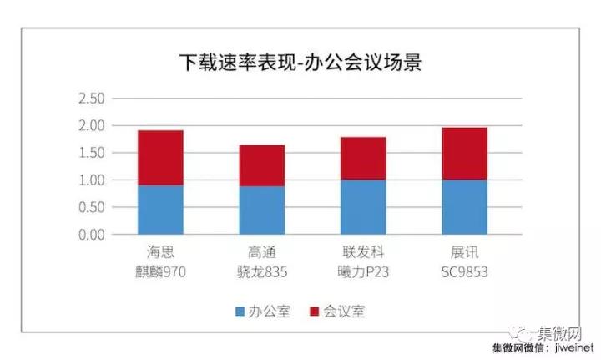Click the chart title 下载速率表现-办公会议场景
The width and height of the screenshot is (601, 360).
point(300,63)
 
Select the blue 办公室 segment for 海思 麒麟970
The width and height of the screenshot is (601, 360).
point(160,210)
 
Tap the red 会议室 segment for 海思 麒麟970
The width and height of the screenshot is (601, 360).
point(160,158)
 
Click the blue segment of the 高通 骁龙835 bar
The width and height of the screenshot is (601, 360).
point(261,210)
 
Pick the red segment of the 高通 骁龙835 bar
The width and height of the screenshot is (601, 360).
point(261,165)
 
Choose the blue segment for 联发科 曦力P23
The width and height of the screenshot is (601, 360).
point(363,207)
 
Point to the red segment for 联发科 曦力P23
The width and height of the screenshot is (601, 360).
point(363,159)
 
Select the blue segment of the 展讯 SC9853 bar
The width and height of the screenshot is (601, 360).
point(464,207)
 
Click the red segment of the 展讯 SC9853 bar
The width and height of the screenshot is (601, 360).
point(464,154)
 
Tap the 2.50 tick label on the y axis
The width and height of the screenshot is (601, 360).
point(90,99)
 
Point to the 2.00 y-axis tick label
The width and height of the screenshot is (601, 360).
point(90,125)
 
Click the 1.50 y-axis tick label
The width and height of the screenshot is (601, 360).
point(90,153)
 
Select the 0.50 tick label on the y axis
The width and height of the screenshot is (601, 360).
point(90,207)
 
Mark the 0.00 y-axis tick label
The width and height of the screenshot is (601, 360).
point(90,235)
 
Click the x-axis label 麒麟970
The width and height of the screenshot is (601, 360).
point(160,271)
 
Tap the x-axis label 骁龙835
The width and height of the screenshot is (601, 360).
point(261,271)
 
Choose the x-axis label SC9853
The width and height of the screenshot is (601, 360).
point(464,271)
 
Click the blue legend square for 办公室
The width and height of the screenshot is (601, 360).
point(240,312)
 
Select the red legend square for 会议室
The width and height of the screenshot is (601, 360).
point(314,312)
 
